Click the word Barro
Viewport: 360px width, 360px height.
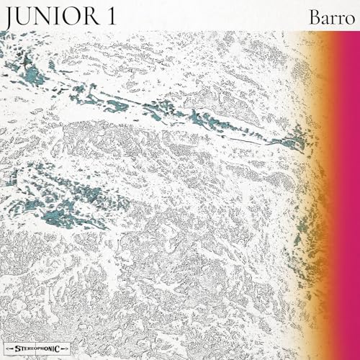332,18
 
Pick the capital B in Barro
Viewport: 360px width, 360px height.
315,17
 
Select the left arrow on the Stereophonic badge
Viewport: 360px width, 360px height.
9,348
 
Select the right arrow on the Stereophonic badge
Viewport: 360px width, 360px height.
64,348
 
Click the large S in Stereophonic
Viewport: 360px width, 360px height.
18,348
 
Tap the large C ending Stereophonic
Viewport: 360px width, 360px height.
58,349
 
